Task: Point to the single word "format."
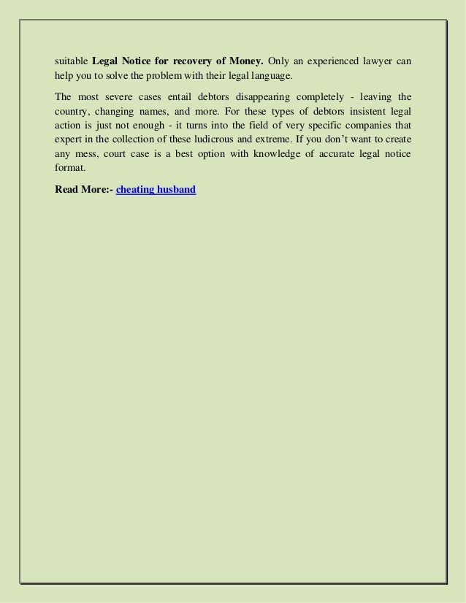pyautogui.click(x=70, y=169)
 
